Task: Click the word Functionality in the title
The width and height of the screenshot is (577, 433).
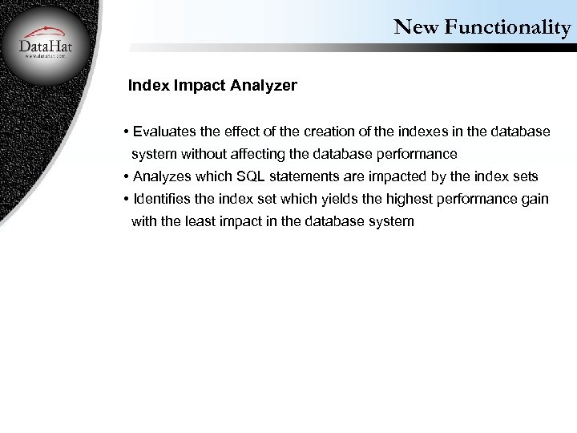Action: coord(506,27)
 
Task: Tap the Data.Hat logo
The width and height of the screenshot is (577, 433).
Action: coord(46,45)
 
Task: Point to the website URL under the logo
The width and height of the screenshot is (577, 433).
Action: coord(46,57)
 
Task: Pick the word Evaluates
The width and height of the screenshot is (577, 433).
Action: coord(166,131)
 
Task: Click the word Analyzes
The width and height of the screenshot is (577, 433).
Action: coord(163,176)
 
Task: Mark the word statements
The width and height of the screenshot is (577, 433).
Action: coord(305,176)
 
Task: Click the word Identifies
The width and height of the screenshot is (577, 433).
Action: coord(163,199)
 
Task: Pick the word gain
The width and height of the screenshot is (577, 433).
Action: coord(535,199)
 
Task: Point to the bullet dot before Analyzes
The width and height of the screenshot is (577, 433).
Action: coord(127,176)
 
